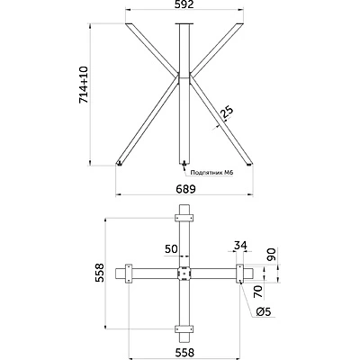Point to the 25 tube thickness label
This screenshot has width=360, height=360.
point(228,112)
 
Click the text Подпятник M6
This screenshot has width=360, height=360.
point(212,170)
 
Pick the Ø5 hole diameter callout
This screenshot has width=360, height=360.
point(263,311)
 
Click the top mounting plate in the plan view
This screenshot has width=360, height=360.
point(184,217)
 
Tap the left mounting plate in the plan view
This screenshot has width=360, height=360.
point(130,273)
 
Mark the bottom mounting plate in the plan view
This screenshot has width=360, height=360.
point(184,327)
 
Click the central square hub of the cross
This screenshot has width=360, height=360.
point(184,273)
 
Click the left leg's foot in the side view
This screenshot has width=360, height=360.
point(120,163)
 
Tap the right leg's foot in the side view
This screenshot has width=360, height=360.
point(249,163)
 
